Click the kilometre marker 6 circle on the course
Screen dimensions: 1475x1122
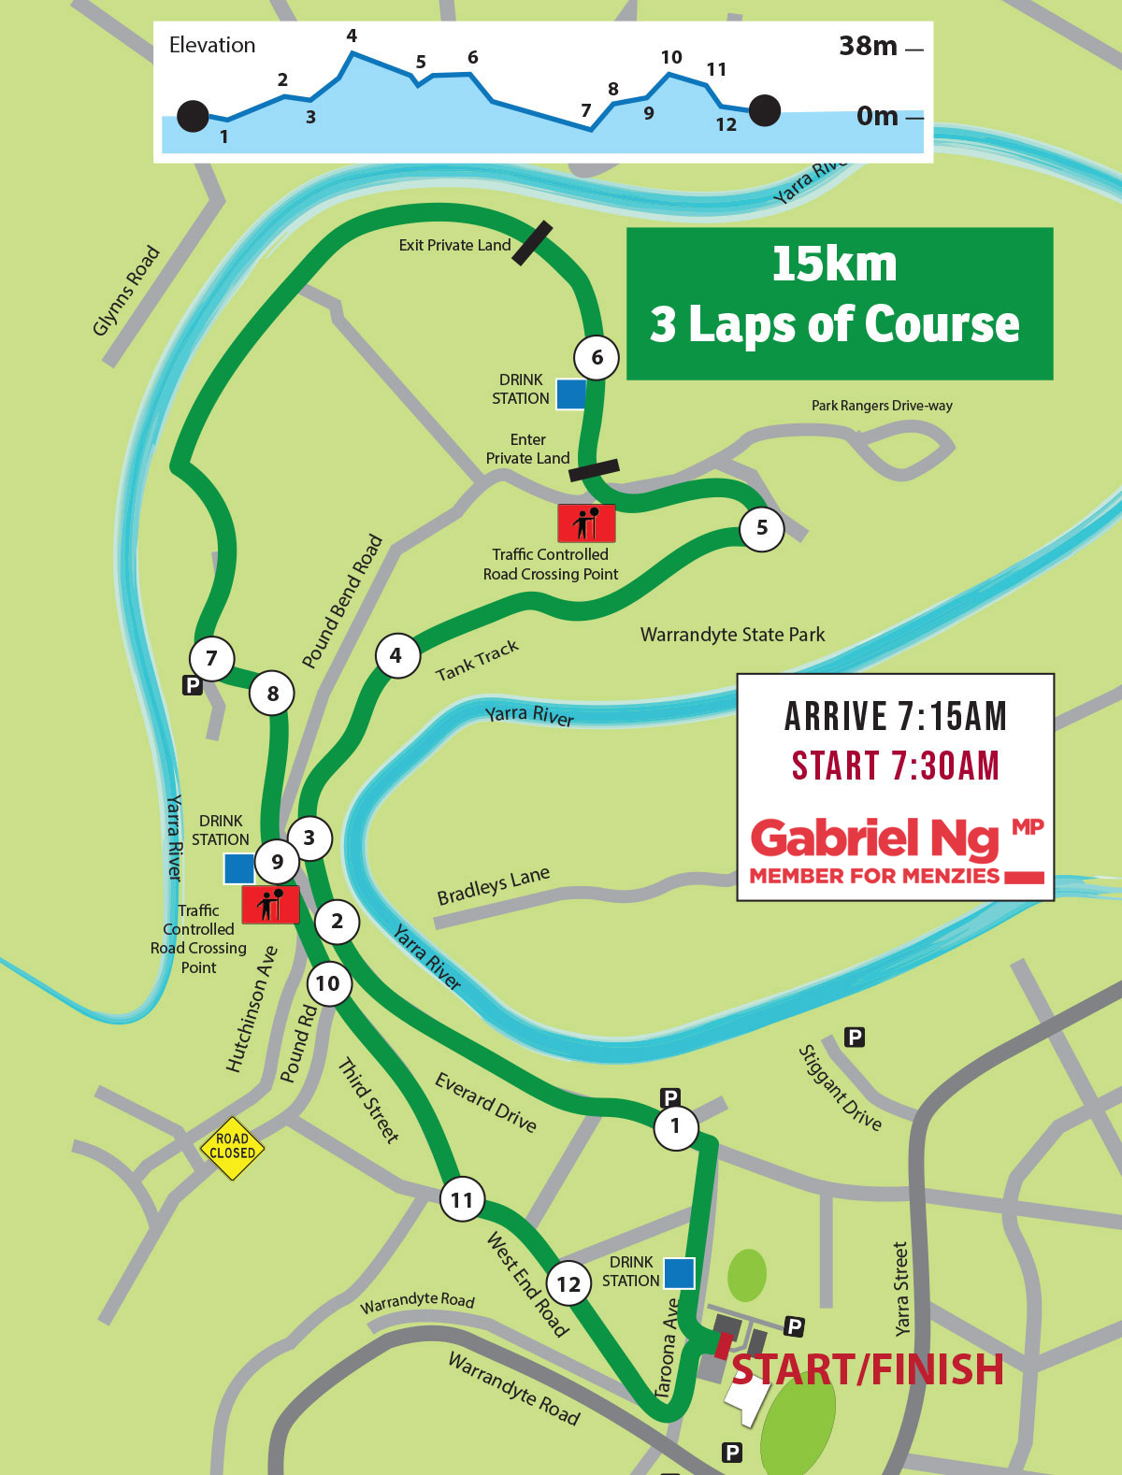[x=597, y=357]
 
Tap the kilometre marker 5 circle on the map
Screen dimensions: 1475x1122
[x=762, y=528]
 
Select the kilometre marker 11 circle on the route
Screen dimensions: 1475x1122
[x=462, y=1199]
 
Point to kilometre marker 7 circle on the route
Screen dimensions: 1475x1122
[x=211, y=658]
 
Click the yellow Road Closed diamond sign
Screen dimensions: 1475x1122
[x=232, y=1147]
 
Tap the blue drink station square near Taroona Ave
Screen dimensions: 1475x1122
[x=679, y=1272]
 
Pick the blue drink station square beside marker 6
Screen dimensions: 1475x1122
[x=571, y=394]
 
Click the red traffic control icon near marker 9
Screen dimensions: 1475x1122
[x=270, y=905]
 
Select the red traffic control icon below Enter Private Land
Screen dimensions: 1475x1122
[x=586, y=523]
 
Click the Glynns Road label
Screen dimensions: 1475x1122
[x=127, y=291]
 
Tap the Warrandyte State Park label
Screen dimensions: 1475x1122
[x=732, y=635]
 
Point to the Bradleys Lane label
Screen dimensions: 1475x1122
[x=493, y=885]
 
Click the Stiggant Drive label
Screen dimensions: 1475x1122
[x=840, y=1087]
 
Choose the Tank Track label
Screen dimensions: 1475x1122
[x=477, y=660]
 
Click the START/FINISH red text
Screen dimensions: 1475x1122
[x=868, y=1369]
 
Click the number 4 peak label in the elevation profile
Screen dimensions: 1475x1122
[x=352, y=36]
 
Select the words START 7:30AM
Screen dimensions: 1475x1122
[x=896, y=766]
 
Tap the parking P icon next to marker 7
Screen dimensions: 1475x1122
[x=192, y=685]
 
